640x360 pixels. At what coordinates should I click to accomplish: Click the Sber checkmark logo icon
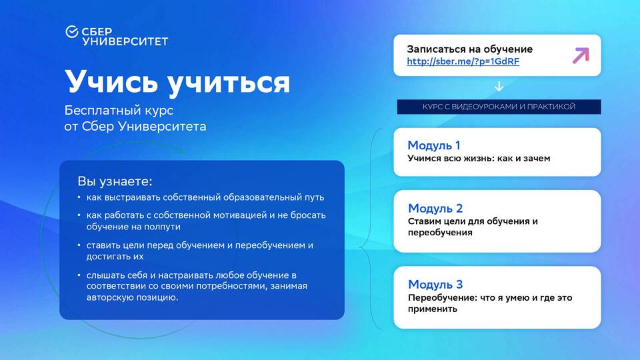[x=72, y=31]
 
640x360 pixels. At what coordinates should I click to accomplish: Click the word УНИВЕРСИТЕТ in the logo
[x=125, y=41]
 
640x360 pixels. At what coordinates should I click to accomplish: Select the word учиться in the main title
[x=229, y=84]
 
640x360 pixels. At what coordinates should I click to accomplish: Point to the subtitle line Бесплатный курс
[x=119, y=110]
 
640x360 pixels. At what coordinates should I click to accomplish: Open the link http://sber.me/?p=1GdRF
[x=463, y=61]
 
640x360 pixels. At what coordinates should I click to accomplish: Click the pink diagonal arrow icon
[x=581, y=55]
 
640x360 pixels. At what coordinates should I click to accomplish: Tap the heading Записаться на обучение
[x=470, y=49]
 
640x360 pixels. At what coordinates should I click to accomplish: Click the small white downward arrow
[x=499, y=87]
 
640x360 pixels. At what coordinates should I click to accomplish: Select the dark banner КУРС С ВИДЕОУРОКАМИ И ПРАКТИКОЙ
[x=499, y=107]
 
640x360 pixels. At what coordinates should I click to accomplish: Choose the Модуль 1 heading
[x=434, y=145]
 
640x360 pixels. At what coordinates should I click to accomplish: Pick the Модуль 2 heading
[x=435, y=208]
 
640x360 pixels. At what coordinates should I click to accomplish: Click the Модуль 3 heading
[x=435, y=284]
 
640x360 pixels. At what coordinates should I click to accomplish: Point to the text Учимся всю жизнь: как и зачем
[x=479, y=159]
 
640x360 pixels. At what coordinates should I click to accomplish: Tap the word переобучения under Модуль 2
[x=440, y=233]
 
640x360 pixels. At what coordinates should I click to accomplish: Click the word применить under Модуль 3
[x=433, y=309]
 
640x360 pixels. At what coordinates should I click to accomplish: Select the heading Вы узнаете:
[x=115, y=181]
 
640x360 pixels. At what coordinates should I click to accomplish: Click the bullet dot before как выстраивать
[x=79, y=197]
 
